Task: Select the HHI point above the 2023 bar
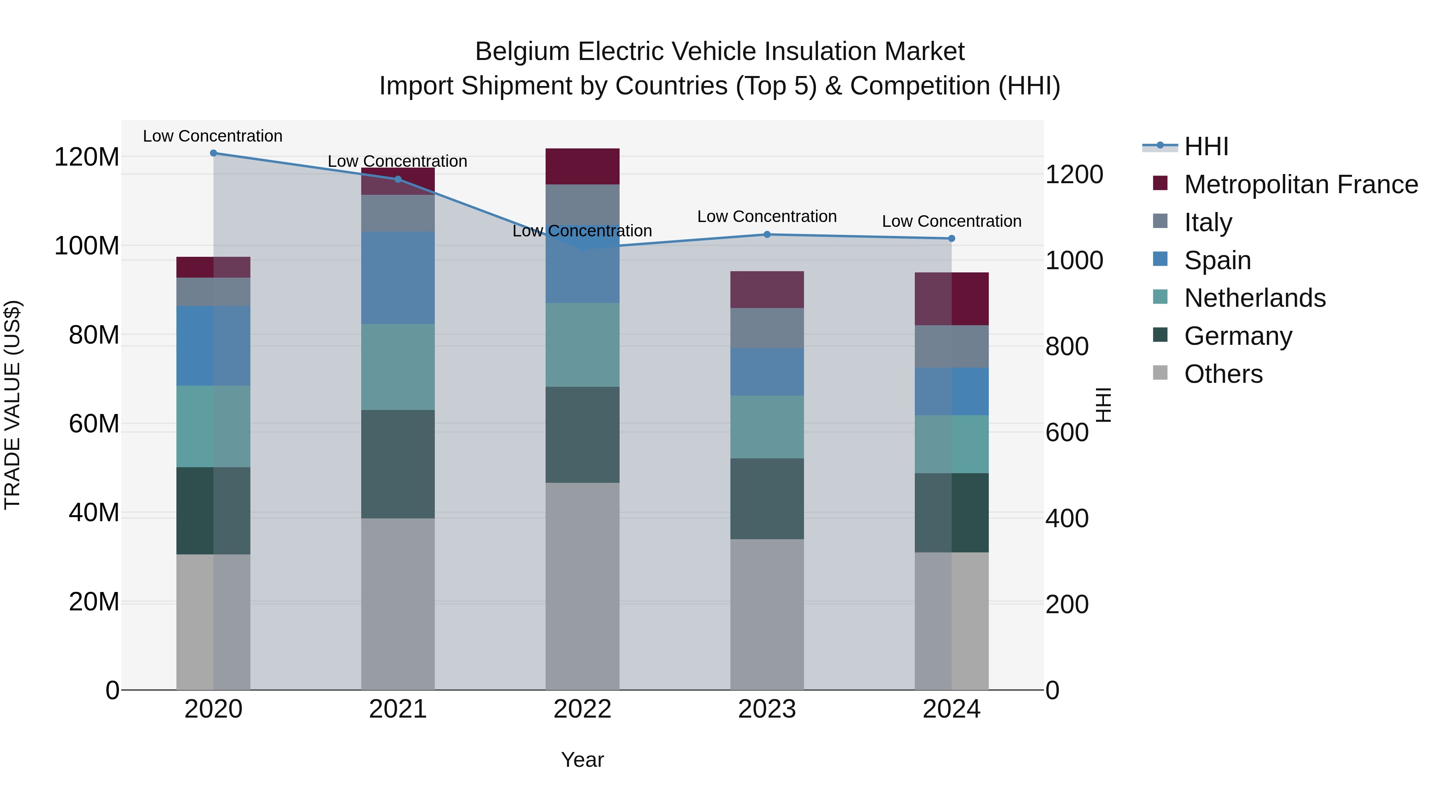click(767, 234)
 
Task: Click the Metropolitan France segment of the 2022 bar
click(582, 166)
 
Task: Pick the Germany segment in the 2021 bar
click(398, 464)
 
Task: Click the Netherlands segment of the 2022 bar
click(582, 344)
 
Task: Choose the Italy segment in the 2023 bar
click(766, 328)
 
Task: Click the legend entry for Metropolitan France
click(1301, 184)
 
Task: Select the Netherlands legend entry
click(1254, 298)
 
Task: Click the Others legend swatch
click(1160, 373)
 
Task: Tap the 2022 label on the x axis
click(582, 709)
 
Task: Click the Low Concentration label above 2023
click(766, 216)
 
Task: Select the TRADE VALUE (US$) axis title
click(12, 405)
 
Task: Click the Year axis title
click(582, 760)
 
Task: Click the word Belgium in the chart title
click(522, 52)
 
